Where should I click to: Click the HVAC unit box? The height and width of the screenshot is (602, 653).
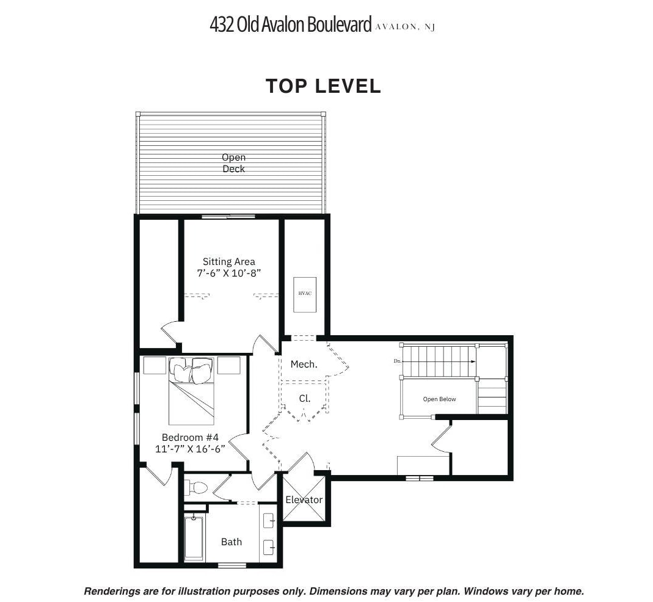tap(304, 294)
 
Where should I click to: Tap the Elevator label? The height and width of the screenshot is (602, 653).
tap(304, 499)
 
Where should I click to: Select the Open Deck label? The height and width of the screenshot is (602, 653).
tap(233, 163)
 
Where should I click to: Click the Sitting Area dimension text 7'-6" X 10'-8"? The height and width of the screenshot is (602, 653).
tap(228, 273)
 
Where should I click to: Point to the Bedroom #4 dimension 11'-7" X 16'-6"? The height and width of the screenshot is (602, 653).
tap(191, 449)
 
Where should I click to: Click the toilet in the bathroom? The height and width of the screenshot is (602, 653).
tap(195, 487)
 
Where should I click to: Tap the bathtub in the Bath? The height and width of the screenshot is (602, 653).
tap(194, 539)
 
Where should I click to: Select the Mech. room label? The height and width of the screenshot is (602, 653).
tap(304, 364)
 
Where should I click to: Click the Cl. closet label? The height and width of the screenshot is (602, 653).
tap(304, 399)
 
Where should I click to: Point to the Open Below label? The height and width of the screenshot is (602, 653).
tap(439, 399)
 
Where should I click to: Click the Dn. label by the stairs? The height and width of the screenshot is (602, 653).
tap(397, 361)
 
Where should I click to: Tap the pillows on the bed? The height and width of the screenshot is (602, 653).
tap(191, 370)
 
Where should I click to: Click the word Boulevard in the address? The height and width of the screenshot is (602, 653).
tap(339, 24)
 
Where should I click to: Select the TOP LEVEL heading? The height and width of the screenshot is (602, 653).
tap(323, 86)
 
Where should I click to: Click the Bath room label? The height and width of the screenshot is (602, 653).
tap(231, 542)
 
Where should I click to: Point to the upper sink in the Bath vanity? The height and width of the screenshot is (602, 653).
tap(269, 521)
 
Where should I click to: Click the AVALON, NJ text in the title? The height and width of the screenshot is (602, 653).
tap(405, 27)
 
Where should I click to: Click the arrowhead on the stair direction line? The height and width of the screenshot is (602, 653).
tap(473, 361)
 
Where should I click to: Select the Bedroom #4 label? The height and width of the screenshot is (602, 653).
tap(190, 437)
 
